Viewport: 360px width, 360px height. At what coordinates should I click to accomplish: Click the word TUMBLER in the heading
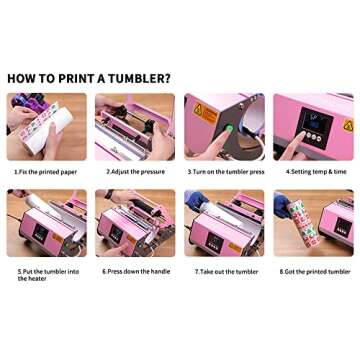131,78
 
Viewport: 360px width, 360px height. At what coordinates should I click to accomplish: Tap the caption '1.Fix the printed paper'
46,171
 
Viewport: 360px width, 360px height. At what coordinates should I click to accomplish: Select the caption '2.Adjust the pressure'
133,171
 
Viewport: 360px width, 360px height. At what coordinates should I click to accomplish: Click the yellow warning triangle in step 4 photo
347,126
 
